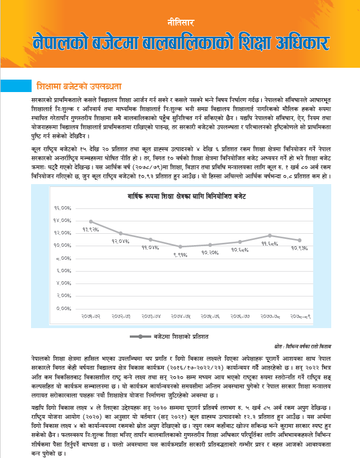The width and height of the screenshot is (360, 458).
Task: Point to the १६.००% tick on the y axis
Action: (62, 208)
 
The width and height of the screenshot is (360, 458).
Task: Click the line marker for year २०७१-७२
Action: (91, 221)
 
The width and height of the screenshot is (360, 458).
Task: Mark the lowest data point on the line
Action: (181, 246)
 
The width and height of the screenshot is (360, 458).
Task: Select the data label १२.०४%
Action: (121, 241)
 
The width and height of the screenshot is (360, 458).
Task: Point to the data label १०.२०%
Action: (210, 252)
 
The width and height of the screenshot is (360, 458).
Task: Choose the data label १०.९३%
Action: (300, 248)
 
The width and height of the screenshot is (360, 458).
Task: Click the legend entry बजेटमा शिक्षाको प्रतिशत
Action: (181, 336)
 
